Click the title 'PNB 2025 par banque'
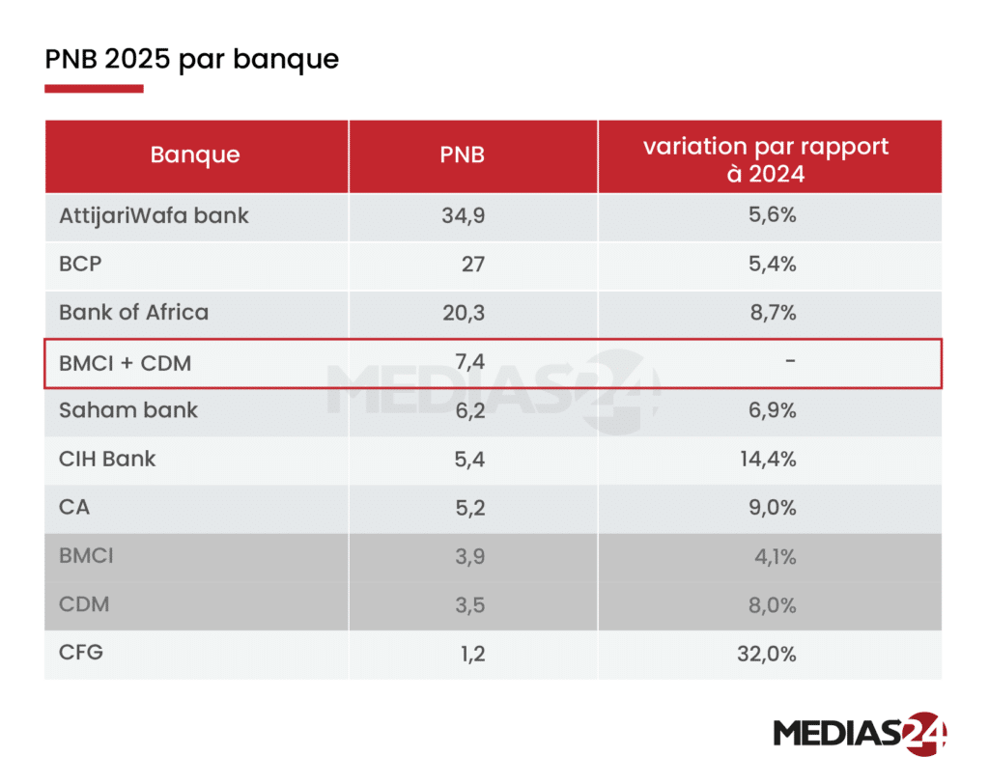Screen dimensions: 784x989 (191, 59)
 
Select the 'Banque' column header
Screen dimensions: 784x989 (195, 154)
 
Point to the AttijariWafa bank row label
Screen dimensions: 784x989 (154, 215)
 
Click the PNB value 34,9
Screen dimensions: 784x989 (463, 215)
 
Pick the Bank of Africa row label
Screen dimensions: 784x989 (133, 313)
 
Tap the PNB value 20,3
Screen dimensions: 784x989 (464, 313)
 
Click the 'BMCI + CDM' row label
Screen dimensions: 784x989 (125, 363)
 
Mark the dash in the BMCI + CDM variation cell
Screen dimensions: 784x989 (790, 361)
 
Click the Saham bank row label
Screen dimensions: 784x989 (127, 410)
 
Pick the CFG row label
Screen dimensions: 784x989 (80, 653)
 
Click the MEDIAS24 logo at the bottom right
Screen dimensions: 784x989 (859, 732)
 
